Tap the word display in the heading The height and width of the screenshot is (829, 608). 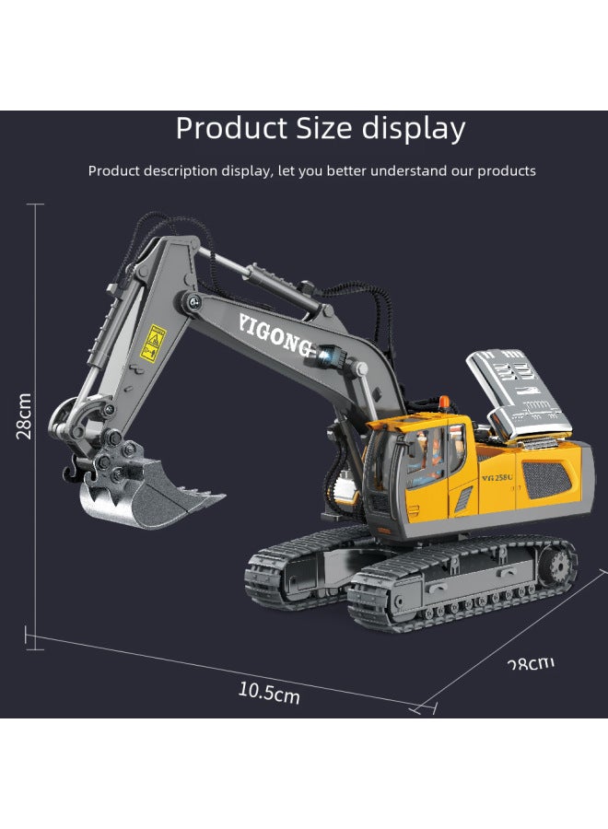[x=412, y=128]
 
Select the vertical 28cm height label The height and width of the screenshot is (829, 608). [x=25, y=415]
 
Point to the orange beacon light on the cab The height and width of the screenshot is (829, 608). [x=446, y=402]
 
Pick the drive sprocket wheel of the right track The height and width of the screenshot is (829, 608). [x=552, y=563]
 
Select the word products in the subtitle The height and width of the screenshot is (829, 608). [x=506, y=170]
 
